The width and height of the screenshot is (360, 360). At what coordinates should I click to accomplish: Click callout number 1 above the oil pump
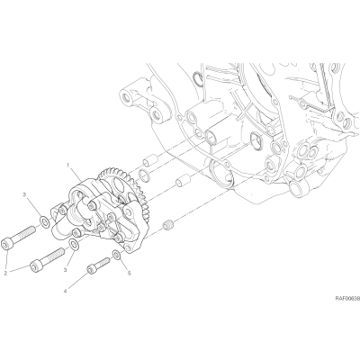coord(68,166)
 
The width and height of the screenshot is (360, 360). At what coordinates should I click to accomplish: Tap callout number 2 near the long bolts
coord(5,273)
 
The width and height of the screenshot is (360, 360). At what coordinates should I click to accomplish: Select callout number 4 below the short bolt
coord(65,291)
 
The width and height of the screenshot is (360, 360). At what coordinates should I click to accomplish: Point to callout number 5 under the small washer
coord(130,274)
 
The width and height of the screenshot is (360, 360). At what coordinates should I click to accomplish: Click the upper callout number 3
coord(24,196)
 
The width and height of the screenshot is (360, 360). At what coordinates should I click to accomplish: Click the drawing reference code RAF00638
coord(347,299)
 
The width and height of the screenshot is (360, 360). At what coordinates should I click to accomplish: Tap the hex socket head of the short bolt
coord(91,269)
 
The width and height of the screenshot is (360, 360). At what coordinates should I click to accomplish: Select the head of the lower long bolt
coord(36,266)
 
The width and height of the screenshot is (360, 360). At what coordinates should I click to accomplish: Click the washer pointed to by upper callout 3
coord(45,222)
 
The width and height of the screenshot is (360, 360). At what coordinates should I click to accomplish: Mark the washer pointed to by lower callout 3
coord(73,244)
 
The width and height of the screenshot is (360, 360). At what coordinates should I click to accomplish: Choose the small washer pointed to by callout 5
coord(117,255)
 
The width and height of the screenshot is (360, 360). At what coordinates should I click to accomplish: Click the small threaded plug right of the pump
coord(167,225)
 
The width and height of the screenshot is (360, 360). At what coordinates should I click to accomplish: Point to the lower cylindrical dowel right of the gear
coord(183,182)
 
